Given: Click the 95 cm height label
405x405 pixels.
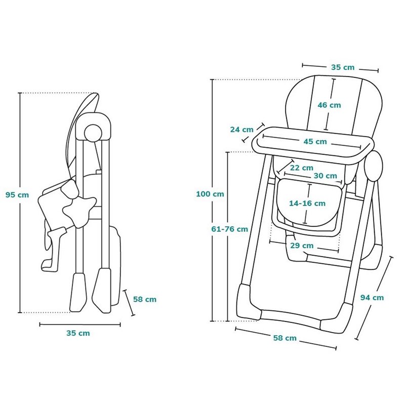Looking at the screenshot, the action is [x=17, y=195].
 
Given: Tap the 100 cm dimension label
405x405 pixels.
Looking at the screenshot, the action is [x=210, y=194].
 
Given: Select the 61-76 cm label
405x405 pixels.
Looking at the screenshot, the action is [x=230, y=229].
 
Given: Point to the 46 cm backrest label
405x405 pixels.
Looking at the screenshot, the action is [x=330, y=105].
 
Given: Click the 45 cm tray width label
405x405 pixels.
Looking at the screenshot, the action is [x=315, y=142].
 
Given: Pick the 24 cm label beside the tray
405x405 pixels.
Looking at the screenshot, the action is [x=242, y=129].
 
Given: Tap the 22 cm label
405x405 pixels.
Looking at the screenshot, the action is [x=302, y=168].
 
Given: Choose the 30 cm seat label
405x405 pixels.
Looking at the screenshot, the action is [x=326, y=176].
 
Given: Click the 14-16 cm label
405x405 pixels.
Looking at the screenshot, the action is [x=307, y=204].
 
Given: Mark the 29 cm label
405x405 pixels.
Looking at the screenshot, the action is [x=302, y=246].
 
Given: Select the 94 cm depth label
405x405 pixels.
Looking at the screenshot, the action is [x=372, y=298].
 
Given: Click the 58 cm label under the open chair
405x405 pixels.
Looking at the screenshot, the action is [x=285, y=338].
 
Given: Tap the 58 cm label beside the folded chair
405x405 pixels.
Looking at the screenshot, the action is [x=145, y=299].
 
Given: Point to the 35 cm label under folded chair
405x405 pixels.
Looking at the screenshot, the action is [x=78, y=333].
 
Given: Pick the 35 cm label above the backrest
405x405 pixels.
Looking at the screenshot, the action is [x=343, y=67].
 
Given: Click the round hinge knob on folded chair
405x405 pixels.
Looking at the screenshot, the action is [x=93, y=133].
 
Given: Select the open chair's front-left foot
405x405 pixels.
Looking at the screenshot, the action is [x=249, y=302].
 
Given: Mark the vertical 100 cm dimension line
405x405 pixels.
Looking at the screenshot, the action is [x=213, y=200].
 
